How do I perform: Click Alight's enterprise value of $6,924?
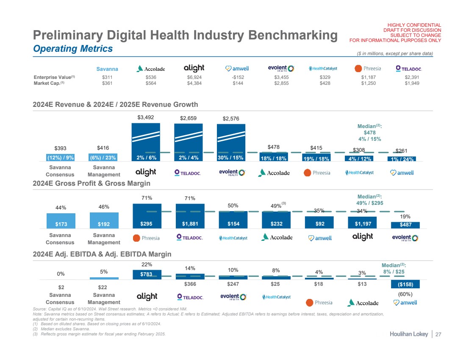tap(194, 78)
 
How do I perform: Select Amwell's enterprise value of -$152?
tap(238, 78)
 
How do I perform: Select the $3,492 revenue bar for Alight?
tap(146, 140)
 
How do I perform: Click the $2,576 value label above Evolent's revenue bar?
tap(231, 118)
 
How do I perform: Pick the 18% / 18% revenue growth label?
tap(274, 159)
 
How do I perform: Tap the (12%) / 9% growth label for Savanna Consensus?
tap(61, 158)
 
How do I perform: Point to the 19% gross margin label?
tap(405, 216)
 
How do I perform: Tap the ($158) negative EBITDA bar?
tap(405, 284)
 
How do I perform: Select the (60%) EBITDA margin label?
tap(405, 294)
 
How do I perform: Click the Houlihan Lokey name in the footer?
tap(408, 334)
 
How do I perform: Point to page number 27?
tap(438, 334)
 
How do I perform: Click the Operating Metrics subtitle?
tap(73, 49)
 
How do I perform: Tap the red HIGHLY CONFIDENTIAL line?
tap(412, 25)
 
